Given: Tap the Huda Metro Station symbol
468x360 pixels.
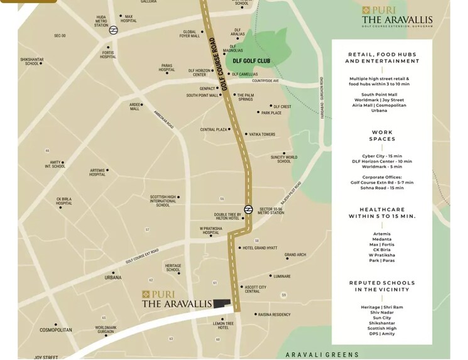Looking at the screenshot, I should coord(113,30).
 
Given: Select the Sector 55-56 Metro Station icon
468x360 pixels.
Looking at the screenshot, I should coord(249,209).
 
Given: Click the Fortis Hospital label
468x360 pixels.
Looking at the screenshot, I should coord(108,55).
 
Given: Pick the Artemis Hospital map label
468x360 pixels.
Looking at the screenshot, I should coord(97,172).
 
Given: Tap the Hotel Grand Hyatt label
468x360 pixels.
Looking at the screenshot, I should coord(260,248).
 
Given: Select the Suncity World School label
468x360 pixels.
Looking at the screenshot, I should coord(284,159).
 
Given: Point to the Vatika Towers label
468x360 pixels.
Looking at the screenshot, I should coord(262,134).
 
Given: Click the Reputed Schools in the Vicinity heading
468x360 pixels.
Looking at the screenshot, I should coord(382,286).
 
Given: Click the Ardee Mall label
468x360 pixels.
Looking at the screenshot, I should coord(134,107).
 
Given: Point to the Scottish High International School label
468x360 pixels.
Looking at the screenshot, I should coord(162,200).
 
